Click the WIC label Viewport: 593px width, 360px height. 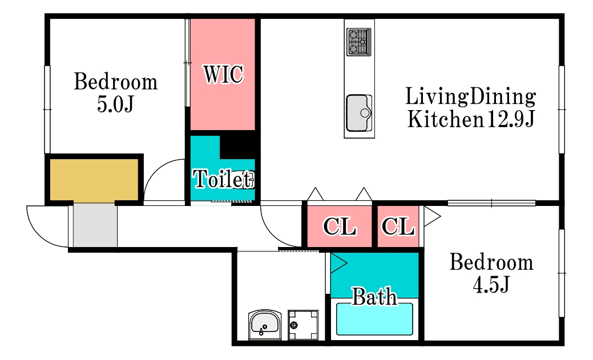click(223, 74)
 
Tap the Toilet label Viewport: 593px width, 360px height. click(223, 179)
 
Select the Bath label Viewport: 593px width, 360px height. click(374, 297)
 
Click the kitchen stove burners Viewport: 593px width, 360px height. click(358, 42)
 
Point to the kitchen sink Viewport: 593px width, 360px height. click(359, 113)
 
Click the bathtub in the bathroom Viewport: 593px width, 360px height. click(374, 319)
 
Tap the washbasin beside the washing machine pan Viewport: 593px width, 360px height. click(265, 325)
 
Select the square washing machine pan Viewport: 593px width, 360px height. click(303, 325)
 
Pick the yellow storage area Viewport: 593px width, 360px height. click(94, 180)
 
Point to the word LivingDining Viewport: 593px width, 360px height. click(470, 96)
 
